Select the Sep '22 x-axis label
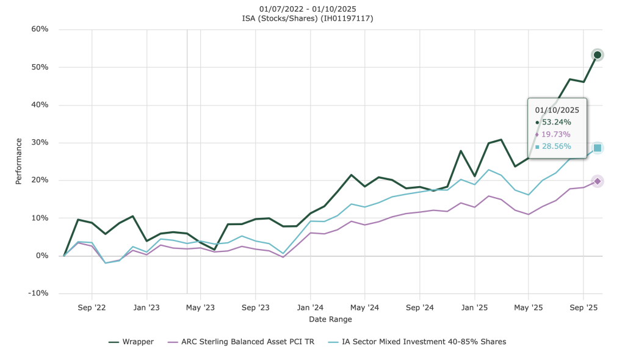tap(92, 308)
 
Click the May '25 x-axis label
tap(529, 308)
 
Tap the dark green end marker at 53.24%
tap(598, 55)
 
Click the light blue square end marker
tap(598, 148)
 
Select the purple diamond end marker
tap(598, 181)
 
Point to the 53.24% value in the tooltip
tap(556, 122)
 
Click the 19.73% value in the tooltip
tap(556, 134)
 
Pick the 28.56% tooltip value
tap(556, 146)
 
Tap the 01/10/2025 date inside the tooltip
tap(557, 110)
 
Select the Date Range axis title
tap(330, 319)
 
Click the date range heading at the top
tap(308, 9)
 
